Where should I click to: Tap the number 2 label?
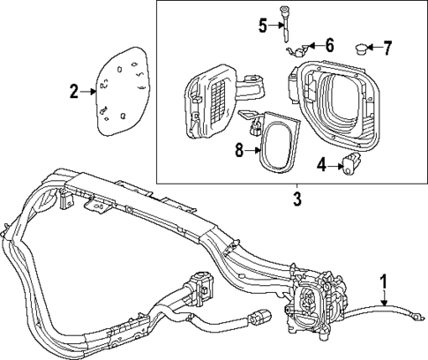(x=75, y=89)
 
